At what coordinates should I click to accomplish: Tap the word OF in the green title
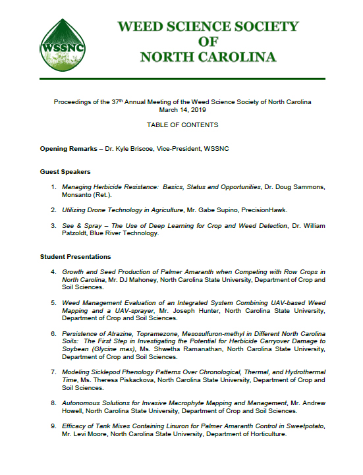pos(208,42)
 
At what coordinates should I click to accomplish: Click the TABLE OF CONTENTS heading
pos(181,125)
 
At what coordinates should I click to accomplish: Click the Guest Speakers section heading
pos(65,172)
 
